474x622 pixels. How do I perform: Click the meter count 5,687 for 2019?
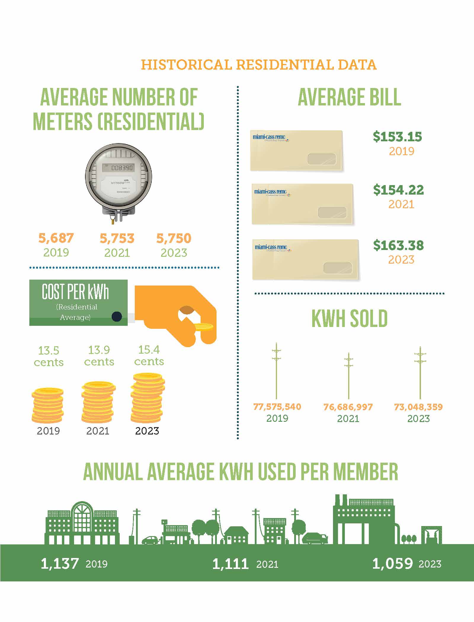pyautogui.click(x=56, y=238)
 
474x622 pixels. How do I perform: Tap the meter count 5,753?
pyautogui.click(x=117, y=238)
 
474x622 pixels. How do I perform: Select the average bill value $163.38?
pyautogui.click(x=398, y=245)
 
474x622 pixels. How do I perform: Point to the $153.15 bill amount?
pyautogui.click(x=397, y=137)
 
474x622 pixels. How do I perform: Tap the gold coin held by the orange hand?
pyautogui.click(x=204, y=327)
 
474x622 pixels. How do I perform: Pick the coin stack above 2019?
pyautogui.click(x=47, y=405)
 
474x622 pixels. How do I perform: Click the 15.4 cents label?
pyautogui.click(x=149, y=355)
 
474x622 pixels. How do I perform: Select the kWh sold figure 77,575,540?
pyautogui.click(x=277, y=407)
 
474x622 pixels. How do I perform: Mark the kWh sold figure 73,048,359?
pyautogui.click(x=418, y=407)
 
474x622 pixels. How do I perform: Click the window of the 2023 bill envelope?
pyautogui.click(x=338, y=268)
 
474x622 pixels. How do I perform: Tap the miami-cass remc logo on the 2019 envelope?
pyautogui.click(x=269, y=137)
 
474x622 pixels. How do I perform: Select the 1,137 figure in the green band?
pyautogui.click(x=60, y=563)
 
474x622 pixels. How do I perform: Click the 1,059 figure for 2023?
pyautogui.click(x=392, y=563)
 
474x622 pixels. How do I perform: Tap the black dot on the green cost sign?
pyautogui.click(x=117, y=316)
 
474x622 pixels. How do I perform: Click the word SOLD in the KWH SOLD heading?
pyautogui.click(x=369, y=319)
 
